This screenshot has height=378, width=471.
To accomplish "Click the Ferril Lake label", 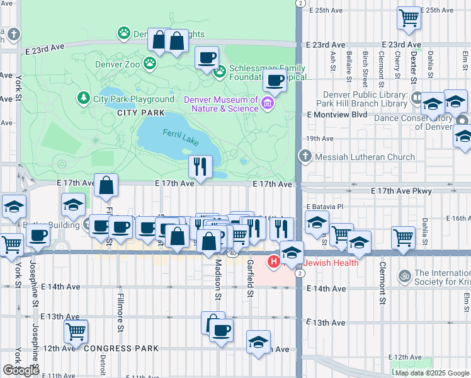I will click(x=180, y=137).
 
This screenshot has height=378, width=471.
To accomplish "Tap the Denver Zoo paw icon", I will click(x=149, y=63).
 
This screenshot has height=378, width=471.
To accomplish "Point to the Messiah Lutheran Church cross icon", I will click(x=305, y=156).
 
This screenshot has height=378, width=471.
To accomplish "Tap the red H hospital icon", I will click(x=274, y=261).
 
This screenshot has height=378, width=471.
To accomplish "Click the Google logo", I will click(x=21, y=370).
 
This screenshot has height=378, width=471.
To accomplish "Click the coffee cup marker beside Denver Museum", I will click(x=274, y=81).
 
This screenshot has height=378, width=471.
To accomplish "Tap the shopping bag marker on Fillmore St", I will click(x=106, y=185).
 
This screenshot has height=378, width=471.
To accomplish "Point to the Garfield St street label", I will click(x=250, y=278).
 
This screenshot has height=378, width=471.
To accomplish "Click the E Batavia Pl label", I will click(x=325, y=207).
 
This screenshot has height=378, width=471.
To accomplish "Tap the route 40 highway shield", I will click(x=232, y=253).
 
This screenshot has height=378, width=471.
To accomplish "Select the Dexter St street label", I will click(x=413, y=66).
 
